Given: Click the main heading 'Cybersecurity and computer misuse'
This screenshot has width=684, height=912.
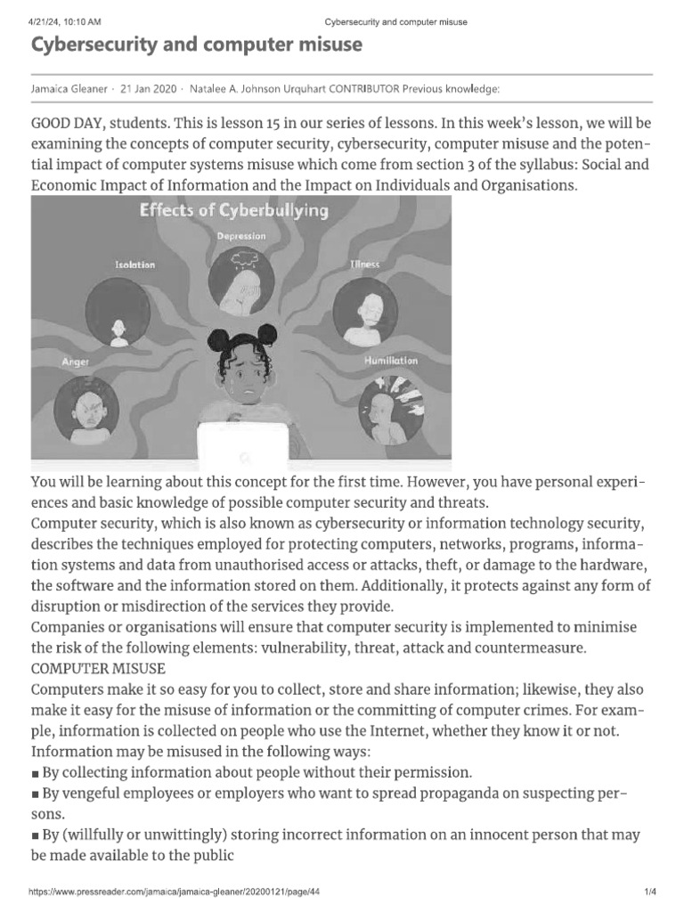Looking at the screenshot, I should coord(197,46).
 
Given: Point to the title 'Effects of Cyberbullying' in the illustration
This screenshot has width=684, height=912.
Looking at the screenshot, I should coord(233,211).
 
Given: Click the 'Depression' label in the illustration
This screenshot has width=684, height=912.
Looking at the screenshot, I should coord(240,235).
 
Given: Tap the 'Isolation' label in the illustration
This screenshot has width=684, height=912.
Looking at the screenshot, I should coord(135,265).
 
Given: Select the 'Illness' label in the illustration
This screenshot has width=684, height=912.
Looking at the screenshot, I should coord(364,265).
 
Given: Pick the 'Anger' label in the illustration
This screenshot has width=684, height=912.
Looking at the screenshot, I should coord(76,362).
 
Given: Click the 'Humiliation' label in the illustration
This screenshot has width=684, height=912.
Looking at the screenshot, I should coord(391,361).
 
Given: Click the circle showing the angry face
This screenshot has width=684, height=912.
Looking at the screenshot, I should coord(87,409).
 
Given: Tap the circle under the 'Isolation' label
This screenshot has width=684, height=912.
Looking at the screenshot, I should coord(119,312).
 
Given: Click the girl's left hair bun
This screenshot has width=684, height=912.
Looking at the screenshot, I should coord(217,341).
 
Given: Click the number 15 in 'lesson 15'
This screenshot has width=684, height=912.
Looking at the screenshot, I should coord(272,121).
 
